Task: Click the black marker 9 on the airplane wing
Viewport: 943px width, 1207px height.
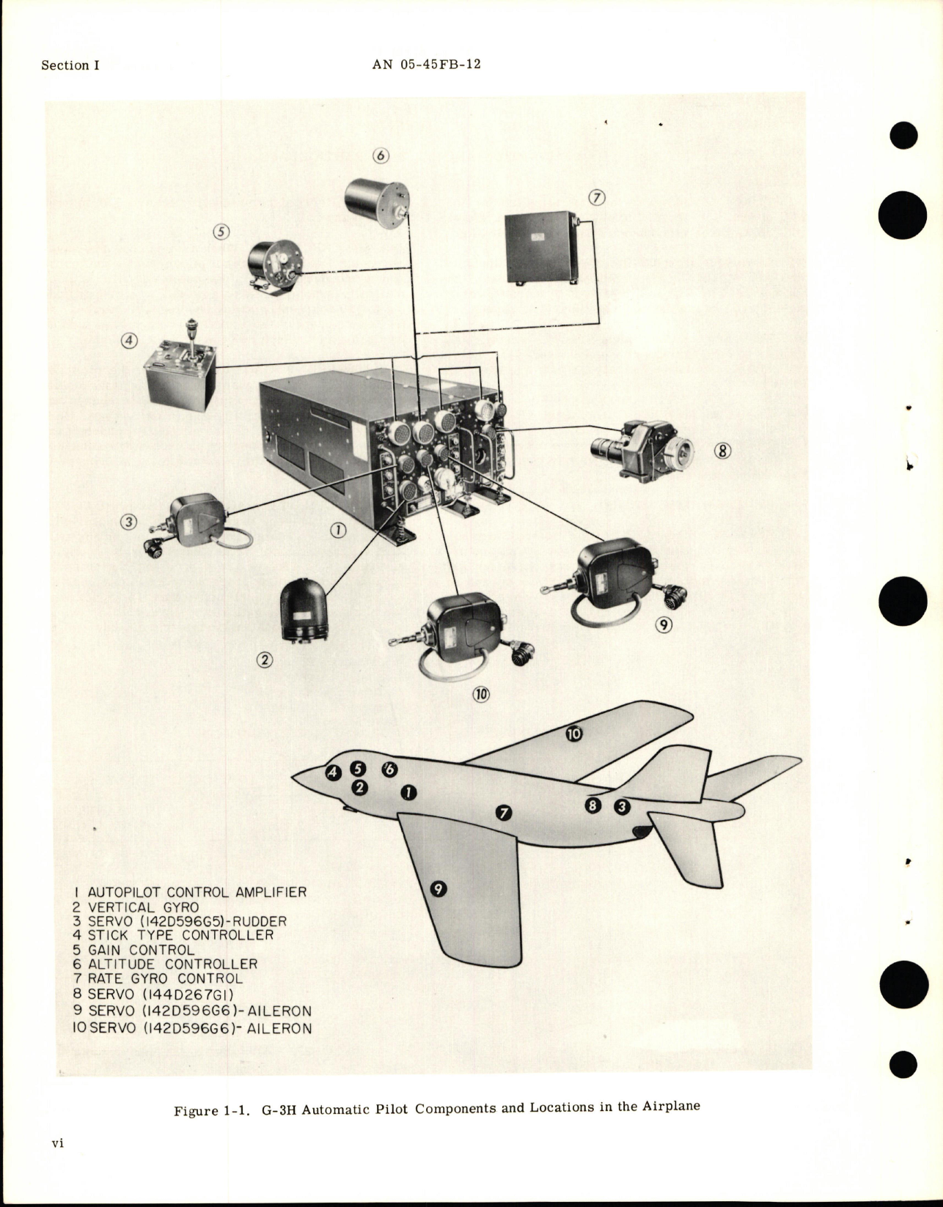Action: tap(438, 889)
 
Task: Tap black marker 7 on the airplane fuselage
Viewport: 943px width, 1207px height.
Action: tap(503, 812)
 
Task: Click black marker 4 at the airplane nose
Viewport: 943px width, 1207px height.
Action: tap(333, 772)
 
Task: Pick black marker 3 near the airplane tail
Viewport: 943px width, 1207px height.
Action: tap(621, 807)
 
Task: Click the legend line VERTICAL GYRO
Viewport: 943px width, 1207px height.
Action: tap(136, 907)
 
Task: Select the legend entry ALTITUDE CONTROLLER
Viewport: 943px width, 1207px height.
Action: tap(166, 964)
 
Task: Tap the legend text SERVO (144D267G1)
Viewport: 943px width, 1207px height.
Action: tap(164, 994)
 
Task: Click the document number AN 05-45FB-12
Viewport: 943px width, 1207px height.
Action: tap(426, 64)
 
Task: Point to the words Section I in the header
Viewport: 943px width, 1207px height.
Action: tap(70, 65)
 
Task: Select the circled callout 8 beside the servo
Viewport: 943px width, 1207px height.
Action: tap(723, 451)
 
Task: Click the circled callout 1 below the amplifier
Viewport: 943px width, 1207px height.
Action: tap(337, 531)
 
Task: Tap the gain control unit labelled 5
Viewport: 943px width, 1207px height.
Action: tap(273, 267)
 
